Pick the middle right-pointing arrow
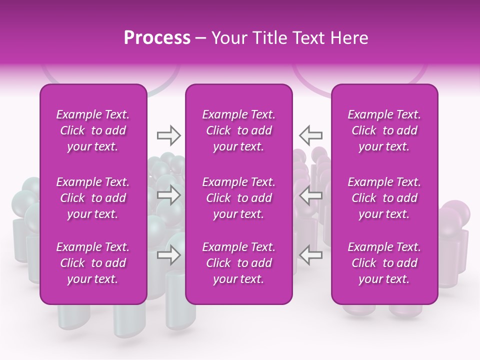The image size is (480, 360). pyautogui.click(x=169, y=195)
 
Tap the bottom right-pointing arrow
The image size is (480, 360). pyautogui.click(x=169, y=255)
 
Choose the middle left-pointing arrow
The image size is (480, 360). pyautogui.click(x=310, y=195)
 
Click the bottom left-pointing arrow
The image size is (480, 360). pyautogui.click(x=310, y=255)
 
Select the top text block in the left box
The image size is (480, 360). pyautogui.click(x=93, y=130)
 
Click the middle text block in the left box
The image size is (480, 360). pyautogui.click(x=93, y=198)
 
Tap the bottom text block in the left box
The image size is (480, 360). pyautogui.click(x=93, y=263)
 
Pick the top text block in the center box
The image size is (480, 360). pyautogui.click(x=238, y=130)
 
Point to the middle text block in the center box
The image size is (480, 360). pyautogui.click(x=238, y=198)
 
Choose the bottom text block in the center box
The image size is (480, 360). pyautogui.click(x=238, y=263)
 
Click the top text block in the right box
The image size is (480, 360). pyautogui.click(x=384, y=130)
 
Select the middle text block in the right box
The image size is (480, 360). pyautogui.click(x=384, y=198)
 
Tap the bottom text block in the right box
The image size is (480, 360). pyautogui.click(x=384, y=263)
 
